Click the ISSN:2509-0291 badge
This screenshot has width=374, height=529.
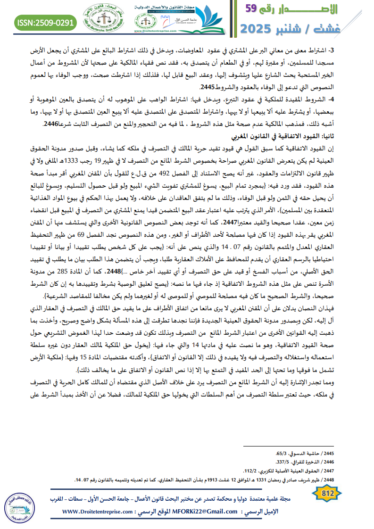tap(45, 22)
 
